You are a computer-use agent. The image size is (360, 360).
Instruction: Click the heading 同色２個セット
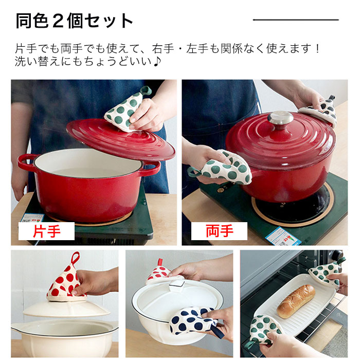[x=75, y=21]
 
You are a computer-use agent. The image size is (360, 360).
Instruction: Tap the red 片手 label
[x=46, y=231]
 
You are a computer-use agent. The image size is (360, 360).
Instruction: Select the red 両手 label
[x=219, y=231]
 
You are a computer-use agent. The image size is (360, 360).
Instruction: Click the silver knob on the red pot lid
[x=280, y=118]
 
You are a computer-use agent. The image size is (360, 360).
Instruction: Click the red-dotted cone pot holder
[x=66, y=280]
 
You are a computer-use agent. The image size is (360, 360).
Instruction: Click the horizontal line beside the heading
[x=296, y=20]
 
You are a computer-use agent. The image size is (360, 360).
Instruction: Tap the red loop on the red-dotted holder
[x=76, y=258]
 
